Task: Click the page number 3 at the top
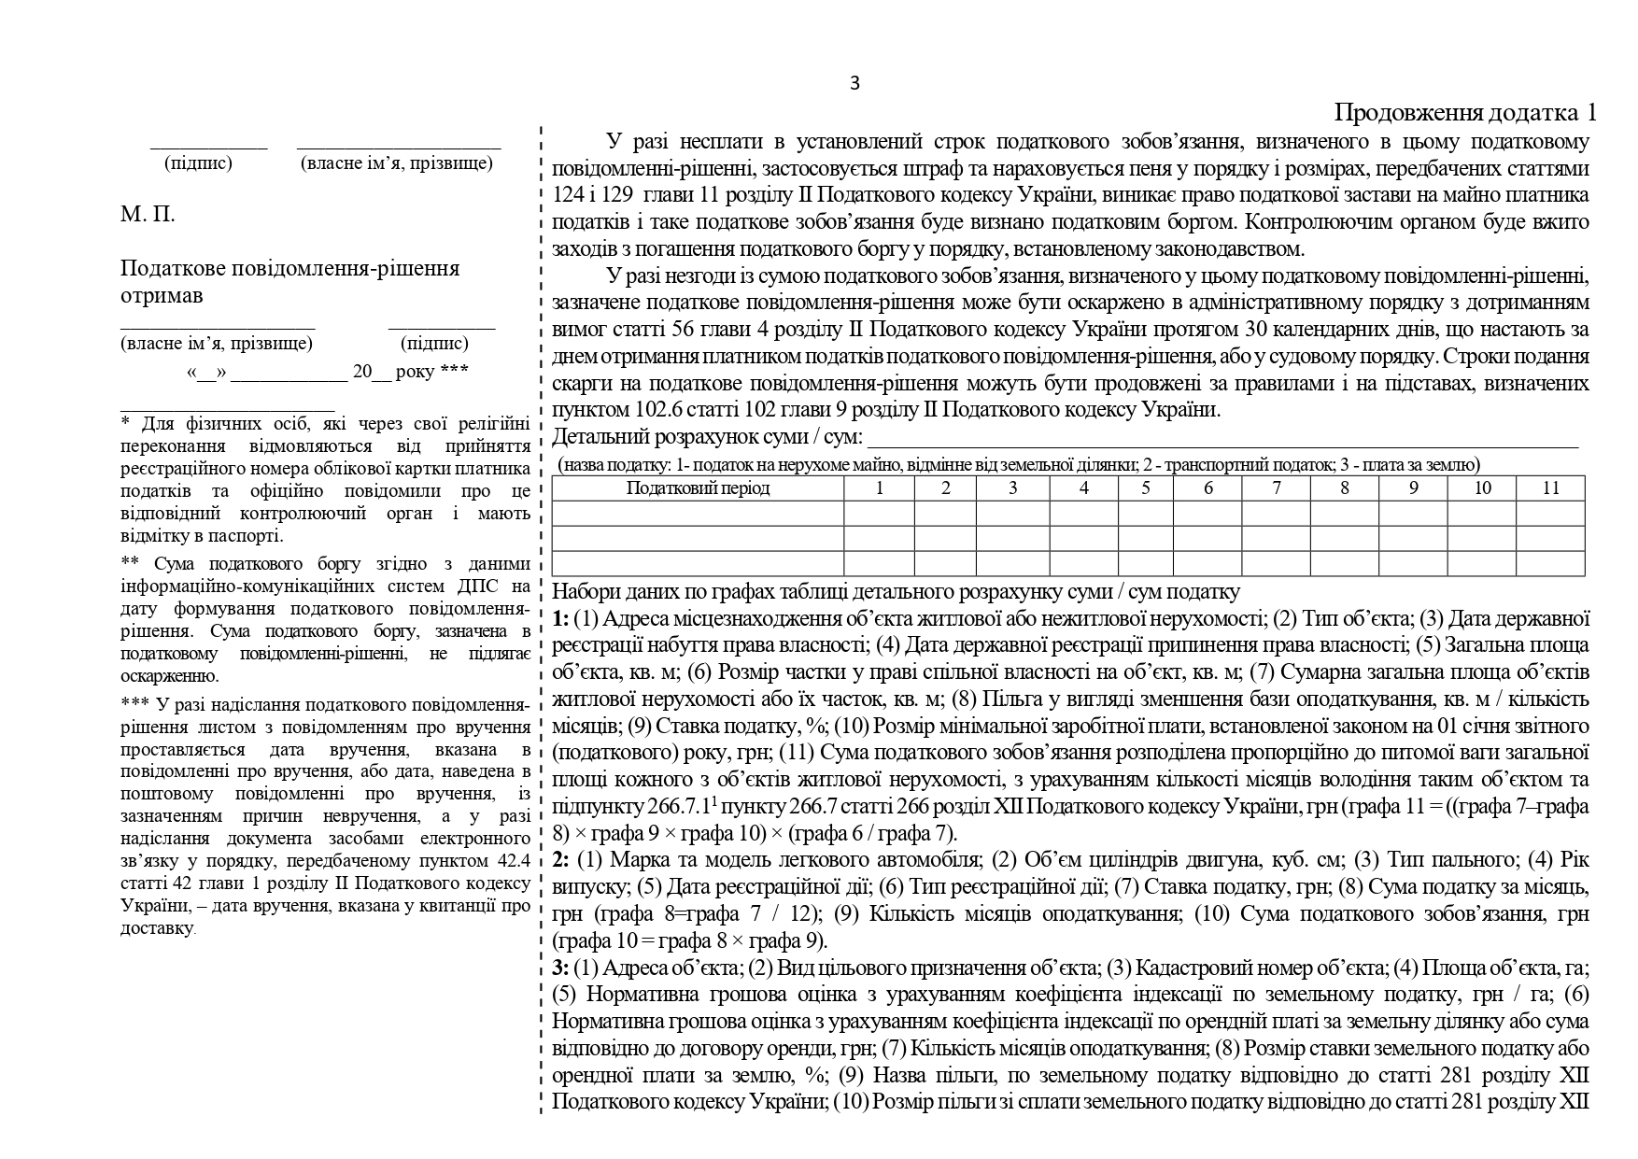pyautogui.click(x=854, y=83)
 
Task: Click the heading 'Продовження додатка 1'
pyautogui.click(x=1464, y=113)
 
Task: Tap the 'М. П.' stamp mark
pyautogui.click(x=148, y=215)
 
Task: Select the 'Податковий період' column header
pyautogui.click(x=698, y=488)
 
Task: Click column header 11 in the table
pyautogui.click(x=1550, y=488)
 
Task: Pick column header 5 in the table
pyautogui.click(x=1145, y=488)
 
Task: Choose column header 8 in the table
pyautogui.click(x=1344, y=488)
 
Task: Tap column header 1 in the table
pyautogui.click(x=879, y=488)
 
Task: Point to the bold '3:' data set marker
pyautogui.click(x=561, y=968)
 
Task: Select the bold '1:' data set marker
pyautogui.click(x=561, y=618)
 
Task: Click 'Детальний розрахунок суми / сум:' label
pyautogui.click(x=707, y=437)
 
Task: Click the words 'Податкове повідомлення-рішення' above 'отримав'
pyautogui.click(x=289, y=269)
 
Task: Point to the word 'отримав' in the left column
pyautogui.click(x=161, y=296)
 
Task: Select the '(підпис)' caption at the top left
pyautogui.click(x=198, y=163)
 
